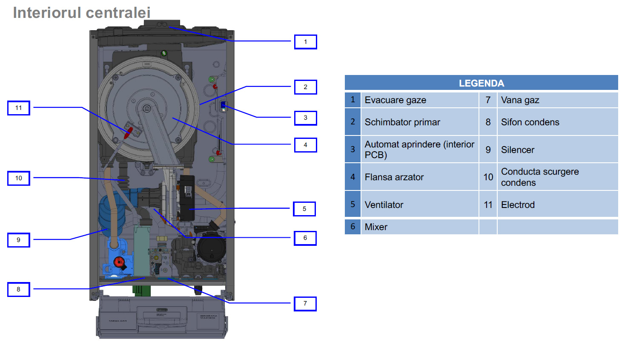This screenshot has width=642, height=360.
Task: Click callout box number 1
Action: point(305,42)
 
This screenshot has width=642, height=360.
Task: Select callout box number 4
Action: point(305,145)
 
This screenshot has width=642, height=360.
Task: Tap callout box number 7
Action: point(305,304)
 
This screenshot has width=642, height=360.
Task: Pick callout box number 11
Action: point(19,108)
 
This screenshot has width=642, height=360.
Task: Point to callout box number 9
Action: point(19,240)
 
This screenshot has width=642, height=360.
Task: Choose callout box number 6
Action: point(305,238)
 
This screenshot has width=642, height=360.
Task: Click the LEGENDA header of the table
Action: point(481,83)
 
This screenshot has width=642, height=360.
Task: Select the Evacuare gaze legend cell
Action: point(419,100)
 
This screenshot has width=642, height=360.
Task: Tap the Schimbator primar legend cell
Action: point(419,122)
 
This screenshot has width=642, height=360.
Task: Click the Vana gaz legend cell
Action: point(557,100)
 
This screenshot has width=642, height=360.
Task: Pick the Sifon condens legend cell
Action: point(557,122)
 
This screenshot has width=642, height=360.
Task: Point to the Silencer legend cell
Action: point(557,150)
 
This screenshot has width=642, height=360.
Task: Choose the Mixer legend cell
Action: point(419,227)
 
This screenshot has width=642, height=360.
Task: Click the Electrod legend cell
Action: point(557,205)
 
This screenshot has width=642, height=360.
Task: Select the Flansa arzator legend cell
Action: point(419,177)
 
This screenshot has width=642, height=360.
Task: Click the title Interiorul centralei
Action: point(82,13)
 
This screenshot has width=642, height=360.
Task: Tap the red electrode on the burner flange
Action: point(128,132)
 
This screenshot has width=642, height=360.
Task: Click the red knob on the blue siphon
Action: point(119,262)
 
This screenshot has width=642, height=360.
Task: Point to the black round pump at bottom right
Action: point(212,249)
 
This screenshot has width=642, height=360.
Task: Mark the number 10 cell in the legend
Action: point(488,177)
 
